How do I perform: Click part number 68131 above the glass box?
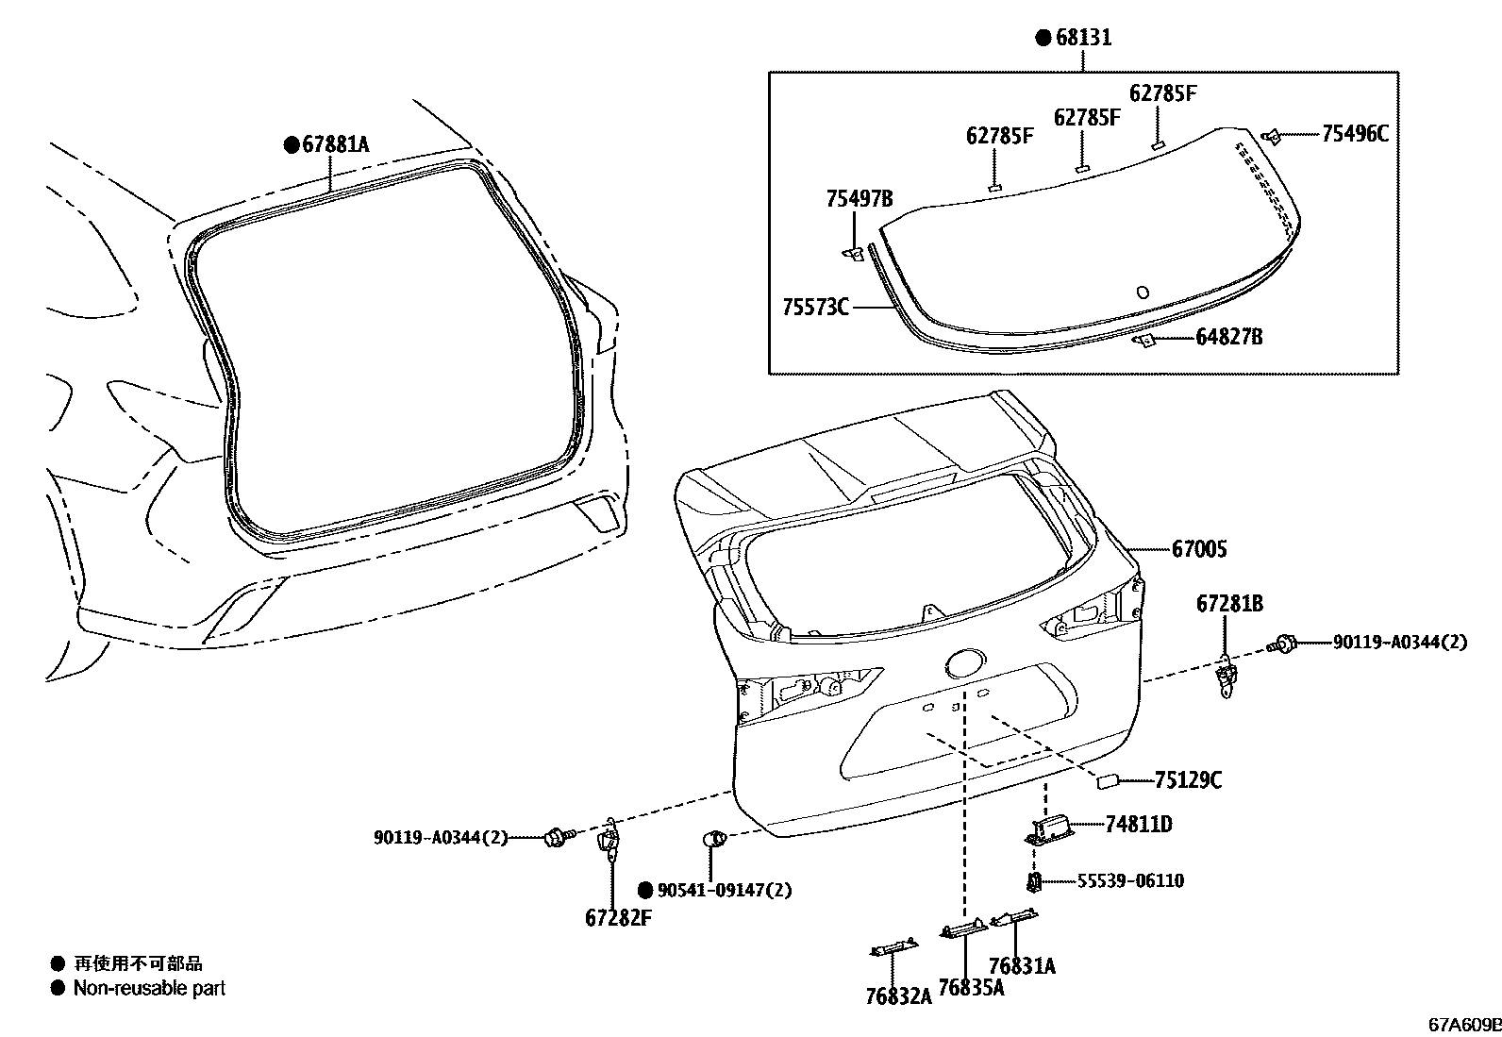tap(1083, 38)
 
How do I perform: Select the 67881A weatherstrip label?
tap(336, 144)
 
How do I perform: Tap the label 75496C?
tap(1354, 133)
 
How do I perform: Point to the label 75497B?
tap(859, 198)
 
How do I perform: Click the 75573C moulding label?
tap(815, 307)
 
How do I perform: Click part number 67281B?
tap(1229, 603)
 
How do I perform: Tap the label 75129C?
tap(1188, 779)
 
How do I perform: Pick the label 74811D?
tap(1138, 824)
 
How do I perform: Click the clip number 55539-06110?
tap(1130, 880)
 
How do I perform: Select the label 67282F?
tap(618, 918)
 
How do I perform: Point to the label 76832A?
tap(897, 996)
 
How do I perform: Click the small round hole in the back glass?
tap(1143, 293)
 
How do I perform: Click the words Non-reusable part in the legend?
tap(149, 989)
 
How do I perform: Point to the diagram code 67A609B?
tap(1462, 1025)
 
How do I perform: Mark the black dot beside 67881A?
tap(292, 144)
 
